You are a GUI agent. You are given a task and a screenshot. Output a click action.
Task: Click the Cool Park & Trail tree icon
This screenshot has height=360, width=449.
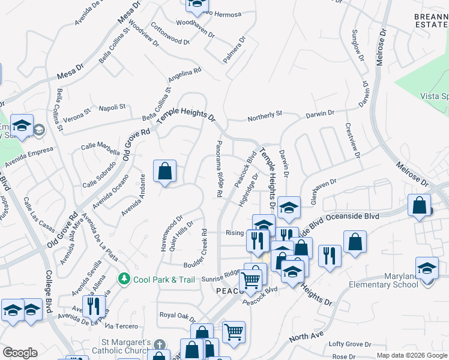pos(124,279)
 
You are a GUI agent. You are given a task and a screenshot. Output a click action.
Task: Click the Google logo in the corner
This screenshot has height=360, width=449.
pos(20,353)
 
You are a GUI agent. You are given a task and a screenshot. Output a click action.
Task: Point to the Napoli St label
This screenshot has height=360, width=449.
pos(112,107)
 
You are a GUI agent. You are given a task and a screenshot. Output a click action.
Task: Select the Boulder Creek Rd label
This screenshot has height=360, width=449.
pos(205,247)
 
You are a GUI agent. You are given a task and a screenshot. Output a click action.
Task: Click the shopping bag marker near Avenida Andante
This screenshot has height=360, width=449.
pos(164,173)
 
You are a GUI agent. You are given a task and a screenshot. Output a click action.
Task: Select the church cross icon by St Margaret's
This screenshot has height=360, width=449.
pos(159,345)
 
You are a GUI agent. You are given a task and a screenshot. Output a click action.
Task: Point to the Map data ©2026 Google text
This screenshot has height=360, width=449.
pos(412,355)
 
